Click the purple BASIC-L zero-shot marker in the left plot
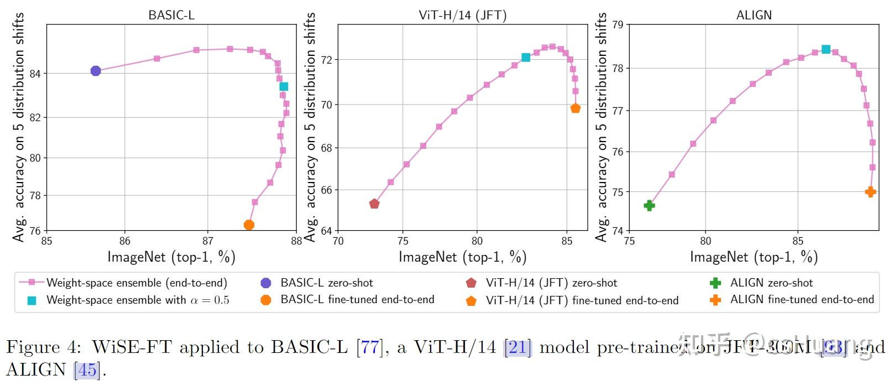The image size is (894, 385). click(96, 71)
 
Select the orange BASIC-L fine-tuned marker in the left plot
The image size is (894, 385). click(249, 225)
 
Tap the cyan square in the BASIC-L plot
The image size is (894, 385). click(284, 86)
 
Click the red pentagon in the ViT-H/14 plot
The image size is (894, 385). click(374, 204)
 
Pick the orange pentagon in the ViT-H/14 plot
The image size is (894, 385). click(576, 108)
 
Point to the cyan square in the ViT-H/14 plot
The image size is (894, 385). click(526, 58)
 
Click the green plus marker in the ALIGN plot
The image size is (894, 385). click(650, 206)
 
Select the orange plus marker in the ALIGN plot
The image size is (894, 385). click(870, 192)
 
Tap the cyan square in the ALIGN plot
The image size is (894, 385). click(826, 49)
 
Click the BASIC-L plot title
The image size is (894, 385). click(171, 15)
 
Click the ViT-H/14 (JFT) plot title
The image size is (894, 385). click(462, 15)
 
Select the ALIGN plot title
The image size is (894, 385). click(754, 15)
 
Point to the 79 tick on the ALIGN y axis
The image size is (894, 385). click(618, 25)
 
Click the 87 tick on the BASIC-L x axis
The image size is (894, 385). click(208, 241)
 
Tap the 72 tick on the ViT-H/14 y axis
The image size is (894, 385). click(326, 60)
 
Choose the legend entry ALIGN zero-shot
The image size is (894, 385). click(771, 283)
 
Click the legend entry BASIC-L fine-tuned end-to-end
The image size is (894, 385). click(357, 300)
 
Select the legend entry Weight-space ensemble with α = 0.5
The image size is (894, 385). click(138, 300)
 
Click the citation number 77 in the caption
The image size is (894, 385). click(370, 347)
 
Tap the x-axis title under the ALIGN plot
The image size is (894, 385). click(754, 257)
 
